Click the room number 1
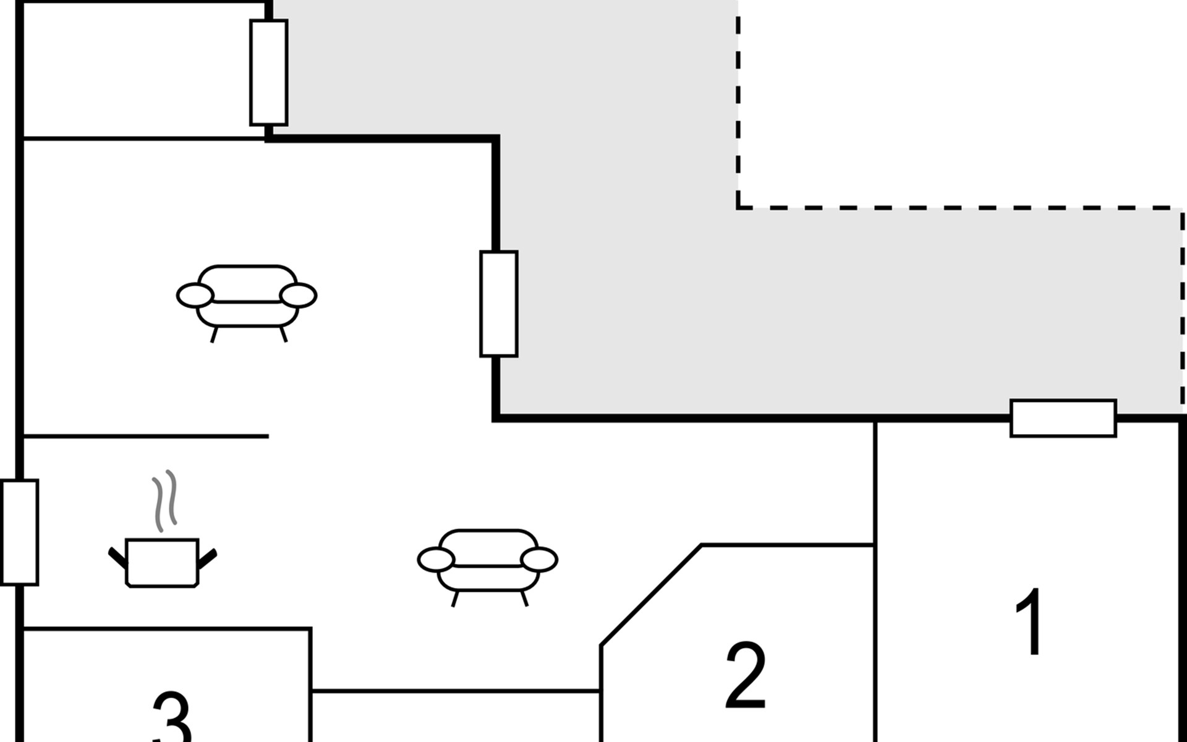point(1030,622)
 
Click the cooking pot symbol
point(162,562)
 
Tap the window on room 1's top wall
point(1063,419)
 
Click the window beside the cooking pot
point(20,532)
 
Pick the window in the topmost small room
point(268,72)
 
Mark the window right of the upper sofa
point(498,304)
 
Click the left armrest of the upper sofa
point(195,296)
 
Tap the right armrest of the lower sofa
point(539,560)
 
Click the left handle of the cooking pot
point(117,556)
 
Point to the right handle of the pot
point(208,556)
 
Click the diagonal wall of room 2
point(650,595)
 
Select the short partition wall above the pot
point(146,437)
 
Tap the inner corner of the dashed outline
point(739,207)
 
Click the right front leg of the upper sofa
point(283,335)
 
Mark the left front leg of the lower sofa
point(455,599)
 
